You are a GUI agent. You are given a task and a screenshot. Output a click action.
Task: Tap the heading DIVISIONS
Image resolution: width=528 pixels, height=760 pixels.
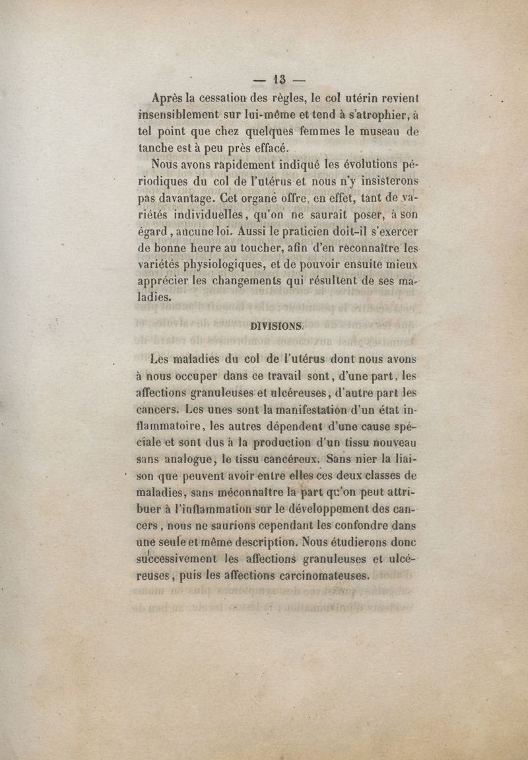(x=277, y=325)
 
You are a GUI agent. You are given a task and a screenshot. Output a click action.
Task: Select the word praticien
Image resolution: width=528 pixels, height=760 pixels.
(x=323, y=232)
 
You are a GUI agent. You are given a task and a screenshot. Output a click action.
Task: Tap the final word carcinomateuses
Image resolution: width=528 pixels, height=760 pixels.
(x=312, y=576)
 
